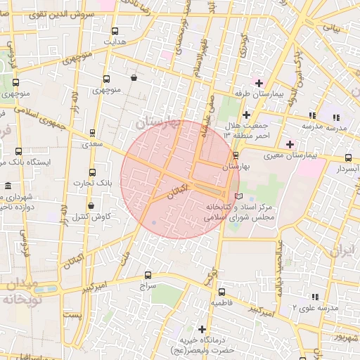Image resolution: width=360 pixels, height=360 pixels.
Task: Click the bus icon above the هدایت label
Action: pyautogui.click(x=114, y=30)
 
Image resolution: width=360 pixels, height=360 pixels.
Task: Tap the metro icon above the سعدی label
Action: pyautogui.click(x=92, y=132)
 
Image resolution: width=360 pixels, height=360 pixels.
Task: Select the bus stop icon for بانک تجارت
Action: pyautogui.click(x=92, y=172)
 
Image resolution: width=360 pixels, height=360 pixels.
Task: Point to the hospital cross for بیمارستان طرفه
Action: pyautogui.click(x=258, y=83)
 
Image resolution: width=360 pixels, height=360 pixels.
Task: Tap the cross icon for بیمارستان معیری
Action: pyautogui.click(x=289, y=143)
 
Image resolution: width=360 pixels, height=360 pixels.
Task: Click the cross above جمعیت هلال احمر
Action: pyautogui.click(x=245, y=115)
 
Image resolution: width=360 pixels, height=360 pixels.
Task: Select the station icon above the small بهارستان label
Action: pyautogui.click(x=236, y=155)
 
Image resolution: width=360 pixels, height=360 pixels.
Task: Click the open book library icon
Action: pyautogui.click(x=238, y=195)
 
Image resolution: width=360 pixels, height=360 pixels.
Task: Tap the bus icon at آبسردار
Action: pyautogui.click(x=349, y=158)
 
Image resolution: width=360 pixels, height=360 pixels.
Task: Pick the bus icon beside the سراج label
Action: pyautogui.click(x=148, y=275)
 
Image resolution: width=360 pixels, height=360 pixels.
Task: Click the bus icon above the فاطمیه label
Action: pyautogui.click(x=221, y=292)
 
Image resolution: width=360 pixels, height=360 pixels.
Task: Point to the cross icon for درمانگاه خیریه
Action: pyautogui.click(x=202, y=328)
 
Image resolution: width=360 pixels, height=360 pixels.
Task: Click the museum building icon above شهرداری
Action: pyautogui.click(x=8, y=186)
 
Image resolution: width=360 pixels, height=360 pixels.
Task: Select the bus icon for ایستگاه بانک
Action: pyautogui.click(x=18, y=151)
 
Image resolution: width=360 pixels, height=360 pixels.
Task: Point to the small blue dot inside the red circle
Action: pyautogui.click(x=154, y=223)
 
